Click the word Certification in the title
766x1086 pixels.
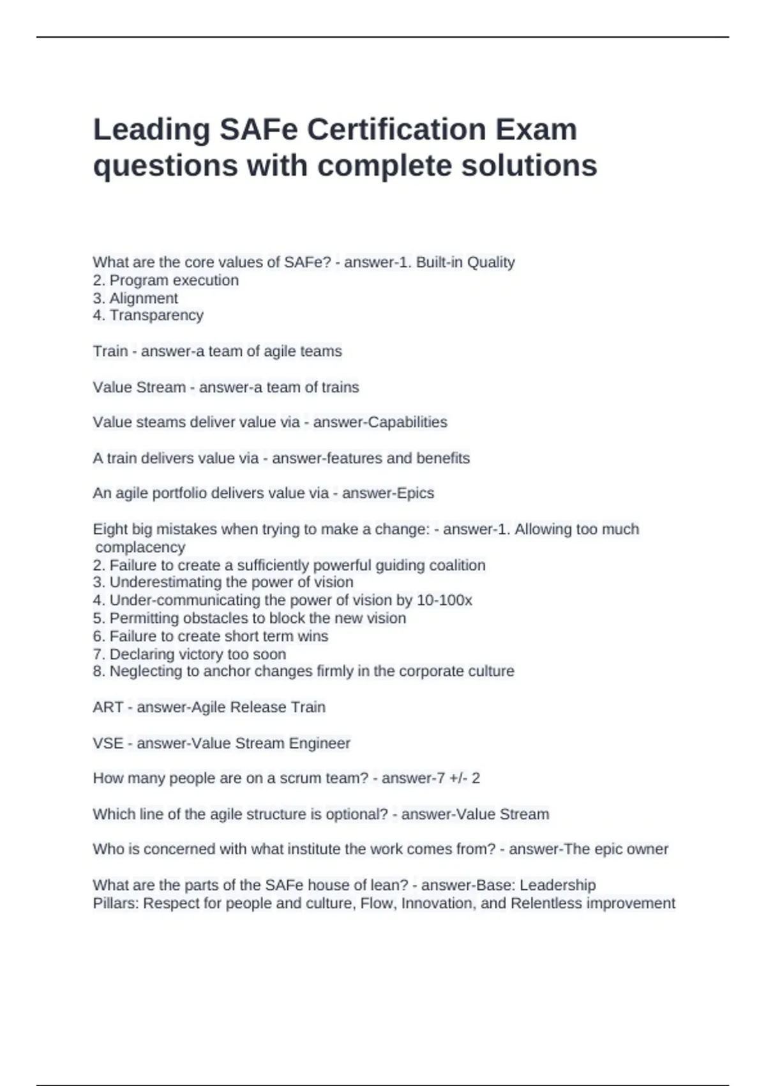pos(393,130)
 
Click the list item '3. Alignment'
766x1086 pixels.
pos(135,298)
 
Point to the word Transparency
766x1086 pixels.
pos(156,315)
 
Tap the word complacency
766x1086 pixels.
pos(140,547)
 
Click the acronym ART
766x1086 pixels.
pos(108,707)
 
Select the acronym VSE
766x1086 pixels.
pos(108,744)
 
